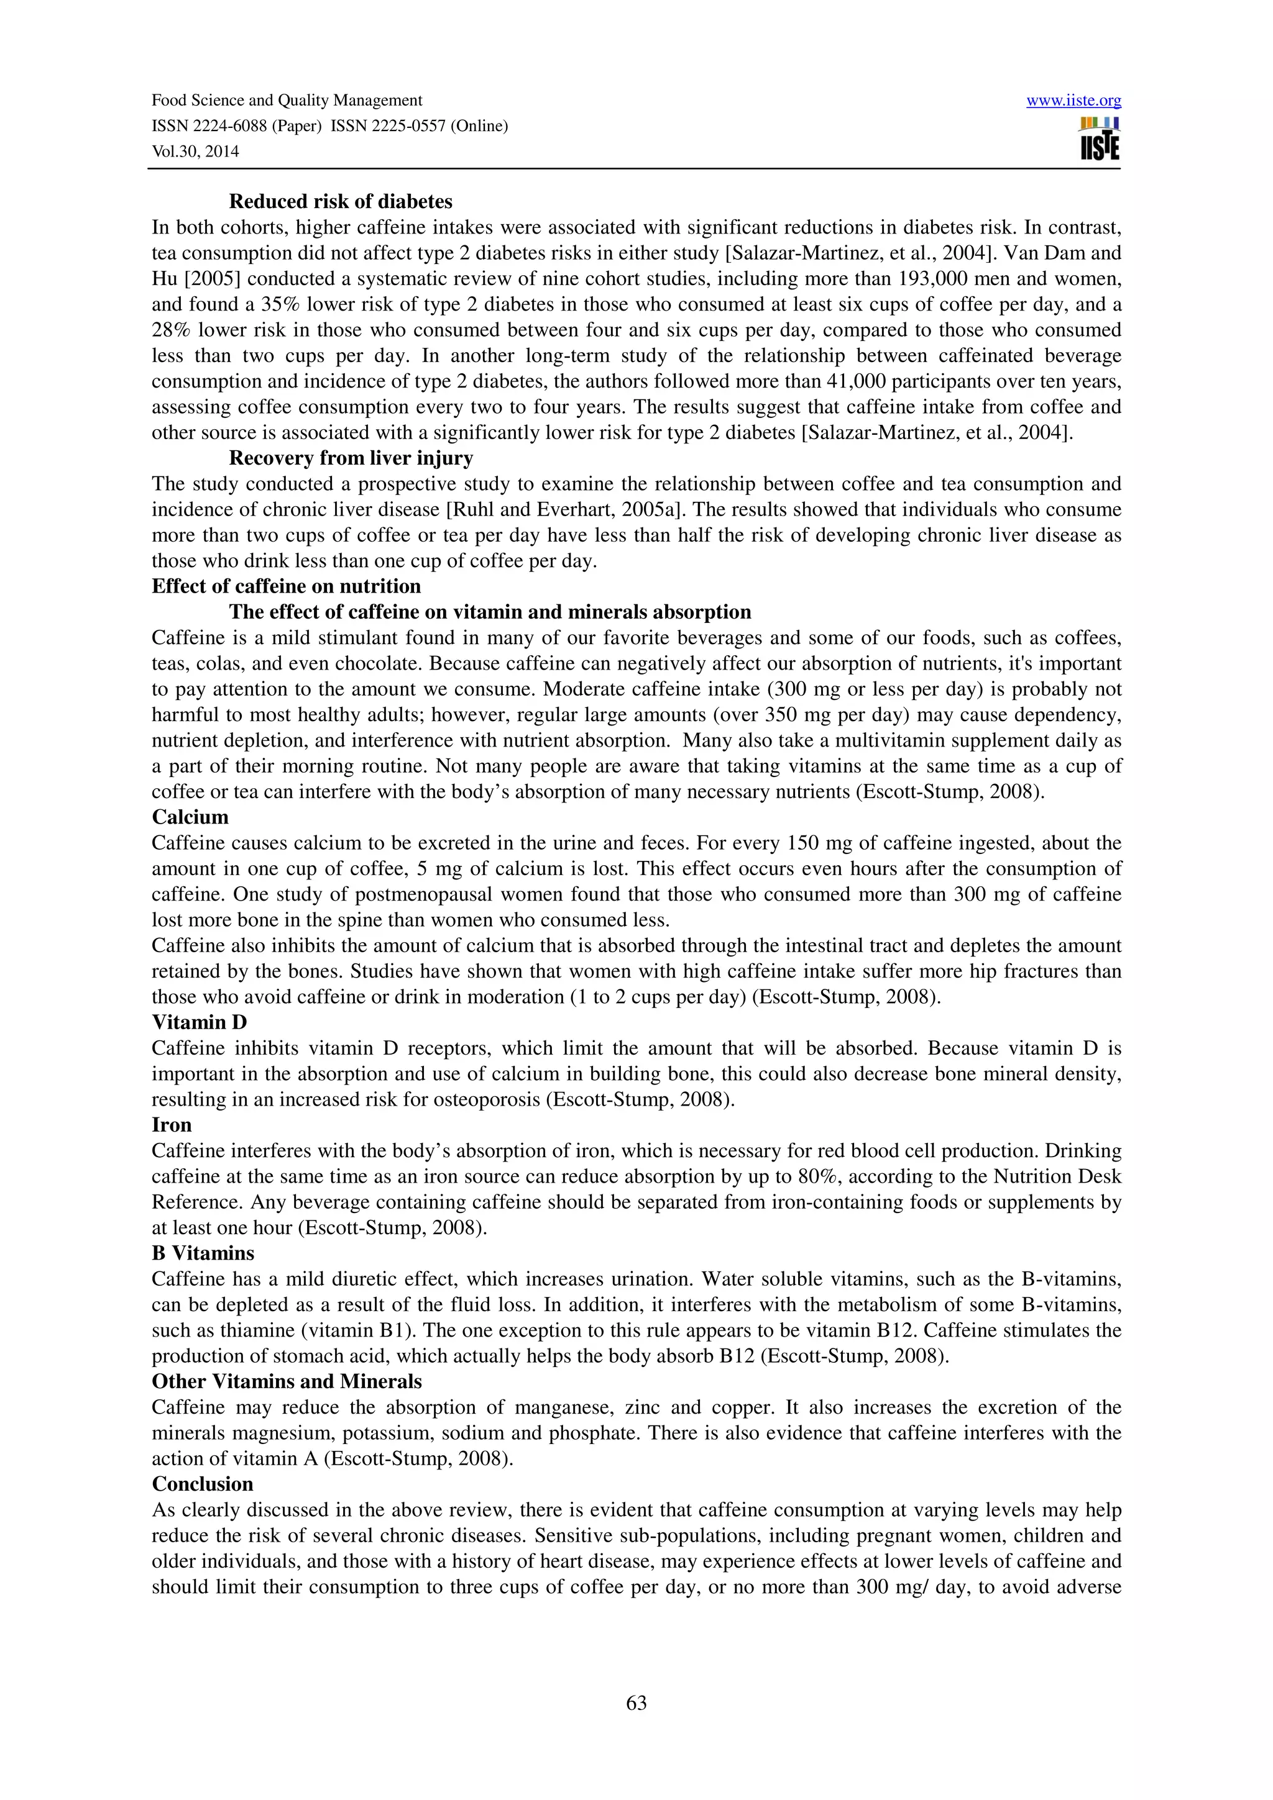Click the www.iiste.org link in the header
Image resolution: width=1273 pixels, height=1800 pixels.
[x=1073, y=101]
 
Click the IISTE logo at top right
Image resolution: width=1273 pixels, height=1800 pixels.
[x=1100, y=139]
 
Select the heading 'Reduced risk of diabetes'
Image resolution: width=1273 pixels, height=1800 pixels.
[x=341, y=201]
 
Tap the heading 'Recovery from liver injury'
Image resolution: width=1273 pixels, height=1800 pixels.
[x=351, y=458]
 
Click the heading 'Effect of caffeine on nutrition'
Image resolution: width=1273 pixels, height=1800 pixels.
[x=287, y=586]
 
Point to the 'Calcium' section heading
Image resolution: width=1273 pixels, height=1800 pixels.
[x=190, y=817]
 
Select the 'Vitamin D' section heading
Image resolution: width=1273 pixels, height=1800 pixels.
[x=200, y=1022]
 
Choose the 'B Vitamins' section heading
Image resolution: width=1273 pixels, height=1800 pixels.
[x=203, y=1253]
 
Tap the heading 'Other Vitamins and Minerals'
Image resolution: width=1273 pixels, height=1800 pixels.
[x=287, y=1381]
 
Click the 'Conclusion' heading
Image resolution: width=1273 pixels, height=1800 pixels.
[x=203, y=1484]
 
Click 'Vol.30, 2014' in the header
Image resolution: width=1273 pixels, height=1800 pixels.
[x=195, y=152]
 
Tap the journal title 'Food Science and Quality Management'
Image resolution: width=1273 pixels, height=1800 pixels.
[x=287, y=101]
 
